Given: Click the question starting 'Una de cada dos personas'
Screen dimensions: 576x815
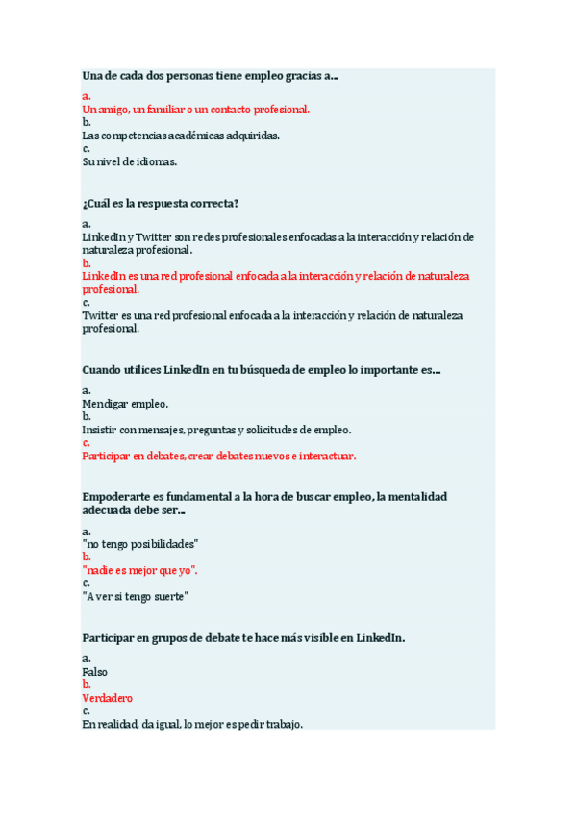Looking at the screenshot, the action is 211,76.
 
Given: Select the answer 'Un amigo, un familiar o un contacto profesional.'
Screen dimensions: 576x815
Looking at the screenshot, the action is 196,110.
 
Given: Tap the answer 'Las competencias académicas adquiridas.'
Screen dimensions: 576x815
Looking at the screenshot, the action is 181,136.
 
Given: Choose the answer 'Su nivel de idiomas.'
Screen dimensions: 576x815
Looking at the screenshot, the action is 130,161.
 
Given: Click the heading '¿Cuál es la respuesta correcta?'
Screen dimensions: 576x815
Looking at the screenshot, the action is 161,203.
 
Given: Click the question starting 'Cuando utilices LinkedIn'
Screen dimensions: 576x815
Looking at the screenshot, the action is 262,370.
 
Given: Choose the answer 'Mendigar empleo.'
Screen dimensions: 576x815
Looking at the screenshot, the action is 125,404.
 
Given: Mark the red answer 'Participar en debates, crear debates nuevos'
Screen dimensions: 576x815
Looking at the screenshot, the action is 219,456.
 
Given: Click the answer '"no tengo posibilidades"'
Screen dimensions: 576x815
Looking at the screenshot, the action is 140,544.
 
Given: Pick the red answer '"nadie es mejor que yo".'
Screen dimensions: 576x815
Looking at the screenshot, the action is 140,570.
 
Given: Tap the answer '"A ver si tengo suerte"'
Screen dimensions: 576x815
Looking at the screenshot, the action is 136,596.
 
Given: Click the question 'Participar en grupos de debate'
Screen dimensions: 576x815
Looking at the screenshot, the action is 243,637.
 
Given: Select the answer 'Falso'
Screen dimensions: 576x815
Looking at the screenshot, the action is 96,672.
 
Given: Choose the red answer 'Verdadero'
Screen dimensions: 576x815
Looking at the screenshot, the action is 108,698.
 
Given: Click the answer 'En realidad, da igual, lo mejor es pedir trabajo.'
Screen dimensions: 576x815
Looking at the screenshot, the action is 192,724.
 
